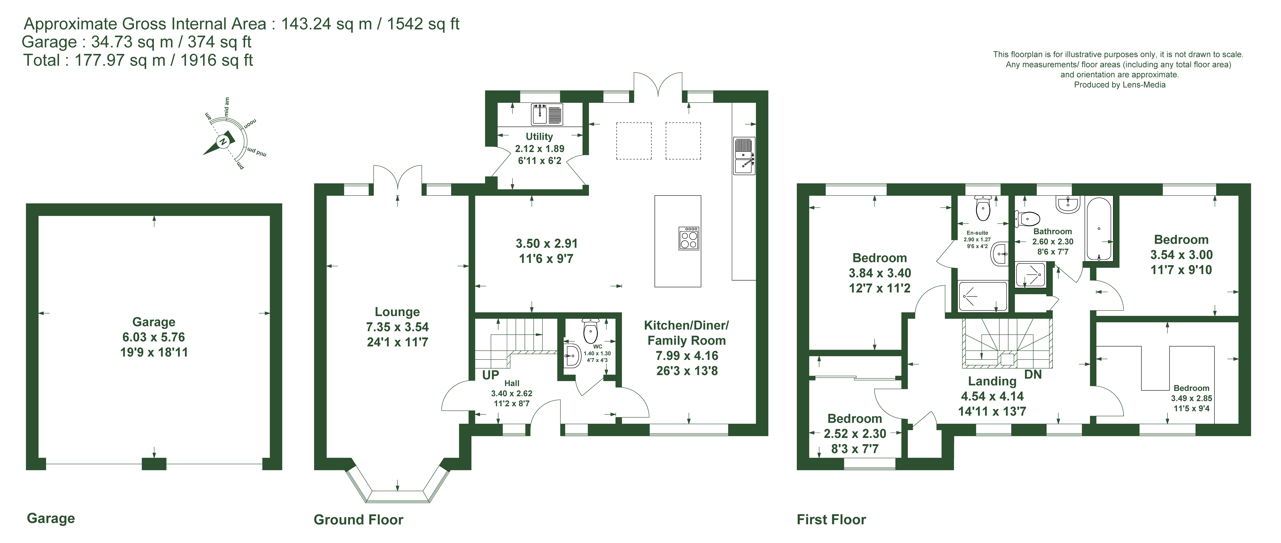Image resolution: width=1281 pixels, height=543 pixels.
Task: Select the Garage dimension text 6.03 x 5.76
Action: pos(154,337)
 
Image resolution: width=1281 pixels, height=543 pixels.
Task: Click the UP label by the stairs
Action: pos(490,375)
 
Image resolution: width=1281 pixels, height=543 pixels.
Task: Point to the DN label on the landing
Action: pos(1033,375)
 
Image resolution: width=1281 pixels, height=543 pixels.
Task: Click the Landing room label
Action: pos(992,381)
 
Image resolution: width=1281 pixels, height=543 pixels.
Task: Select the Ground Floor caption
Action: pos(358,520)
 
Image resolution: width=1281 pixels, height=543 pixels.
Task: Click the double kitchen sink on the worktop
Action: pos(744,156)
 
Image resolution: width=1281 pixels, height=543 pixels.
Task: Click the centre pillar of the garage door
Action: pos(154,464)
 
